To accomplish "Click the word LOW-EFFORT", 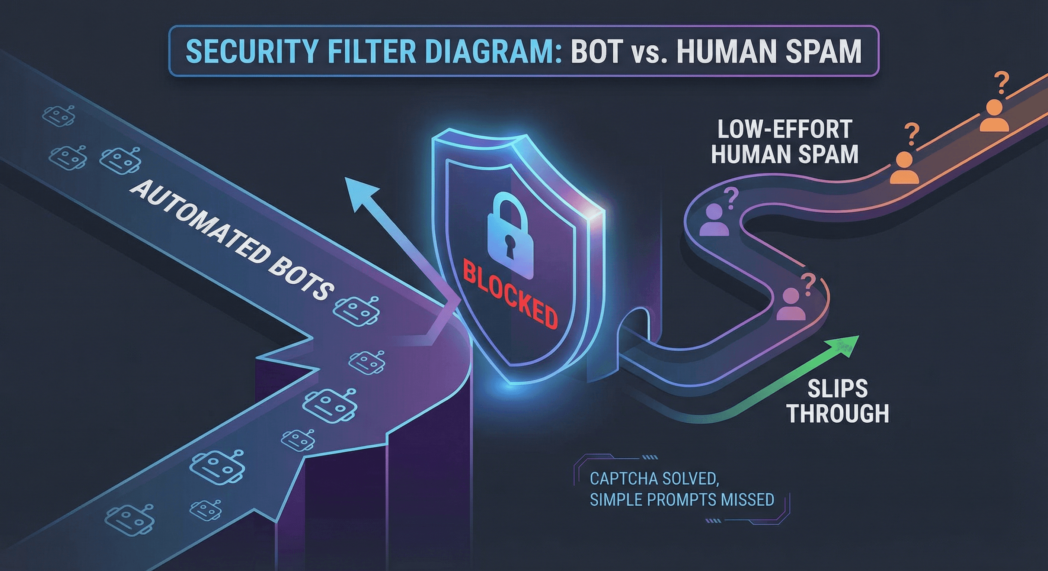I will coord(785,130).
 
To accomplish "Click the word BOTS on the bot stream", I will coord(301,281).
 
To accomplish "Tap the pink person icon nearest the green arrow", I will coord(791,305).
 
